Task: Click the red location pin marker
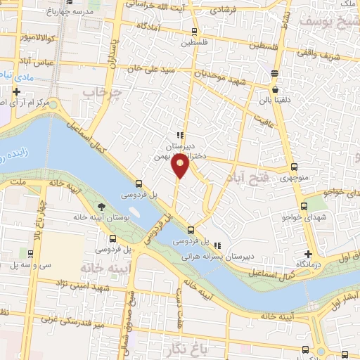tap(180, 165)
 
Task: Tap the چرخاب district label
tap(100, 92)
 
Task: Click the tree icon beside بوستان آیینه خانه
tap(103, 206)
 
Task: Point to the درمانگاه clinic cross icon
tap(308, 254)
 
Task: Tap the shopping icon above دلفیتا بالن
tap(275, 91)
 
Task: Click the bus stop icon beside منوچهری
tap(294, 167)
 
